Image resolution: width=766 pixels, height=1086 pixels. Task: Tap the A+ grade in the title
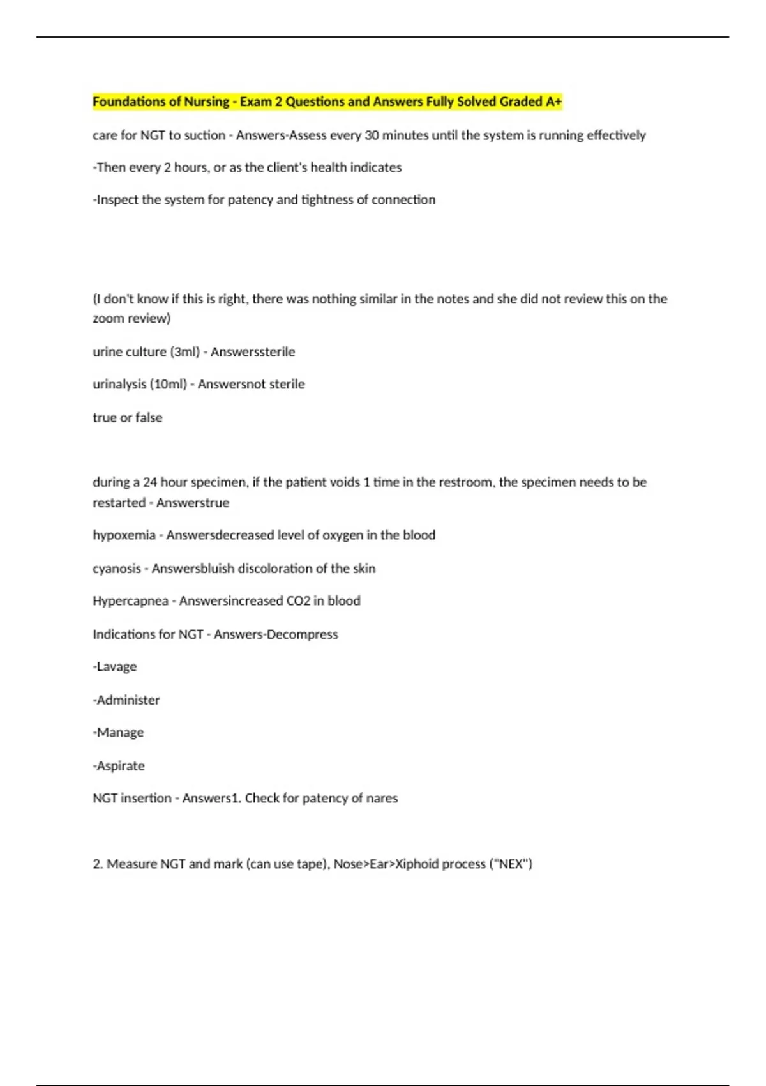tap(553, 102)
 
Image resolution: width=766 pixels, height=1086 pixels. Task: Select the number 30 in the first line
tap(372, 135)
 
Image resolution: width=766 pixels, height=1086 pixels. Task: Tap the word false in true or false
tap(149, 418)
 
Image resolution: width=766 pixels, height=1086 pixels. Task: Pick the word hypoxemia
tap(124, 535)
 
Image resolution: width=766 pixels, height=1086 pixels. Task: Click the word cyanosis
tap(117, 569)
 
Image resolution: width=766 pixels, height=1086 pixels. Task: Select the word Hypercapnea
tap(130, 601)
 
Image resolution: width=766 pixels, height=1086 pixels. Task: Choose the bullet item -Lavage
tap(115, 667)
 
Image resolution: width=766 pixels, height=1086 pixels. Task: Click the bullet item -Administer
tap(126, 700)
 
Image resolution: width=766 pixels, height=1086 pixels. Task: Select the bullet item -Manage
tap(118, 733)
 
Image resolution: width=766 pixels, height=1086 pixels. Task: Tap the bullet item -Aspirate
tap(119, 766)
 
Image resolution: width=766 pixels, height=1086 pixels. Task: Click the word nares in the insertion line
tap(382, 799)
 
